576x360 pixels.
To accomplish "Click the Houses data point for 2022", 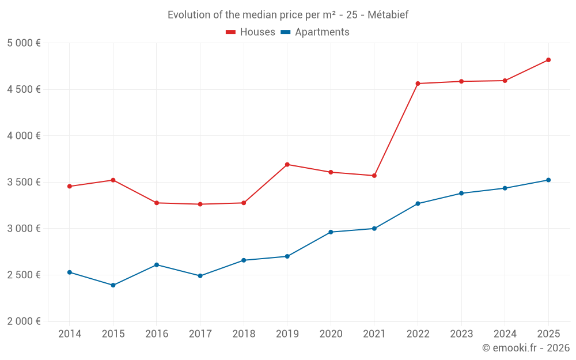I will pyautogui.click(x=418, y=84).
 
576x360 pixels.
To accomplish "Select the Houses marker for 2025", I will pyautogui.click(x=548, y=60).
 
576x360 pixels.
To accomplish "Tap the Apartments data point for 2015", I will pyautogui.click(x=113, y=285).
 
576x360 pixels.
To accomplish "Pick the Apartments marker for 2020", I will pyautogui.click(x=331, y=232).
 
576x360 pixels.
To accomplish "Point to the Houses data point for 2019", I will pyautogui.click(x=287, y=165).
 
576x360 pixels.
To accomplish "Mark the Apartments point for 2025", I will pyautogui.click(x=548, y=180).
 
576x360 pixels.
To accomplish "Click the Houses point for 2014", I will pyautogui.click(x=69, y=186).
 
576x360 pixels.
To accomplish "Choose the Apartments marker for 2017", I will pyautogui.click(x=200, y=276).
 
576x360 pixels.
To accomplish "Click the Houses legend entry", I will pyautogui.click(x=251, y=32).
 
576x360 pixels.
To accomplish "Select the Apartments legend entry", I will pyautogui.click(x=315, y=32).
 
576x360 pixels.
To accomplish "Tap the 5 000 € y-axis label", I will pyautogui.click(x=24, y=43).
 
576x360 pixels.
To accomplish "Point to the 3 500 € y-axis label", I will pyautogui.click(x=24, y=182).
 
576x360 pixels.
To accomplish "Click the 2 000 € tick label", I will pyautogui.click(x=24, y=321).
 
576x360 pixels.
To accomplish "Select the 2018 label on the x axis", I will pyautogui.click(x=244, y=334).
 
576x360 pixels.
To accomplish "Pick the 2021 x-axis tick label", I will pyautogui.click(x=374, y=334).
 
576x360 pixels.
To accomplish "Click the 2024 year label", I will pyautogui.click(x=505, y=334).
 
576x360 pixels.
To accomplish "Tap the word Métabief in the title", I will pyautogui.click(x=388, y=15).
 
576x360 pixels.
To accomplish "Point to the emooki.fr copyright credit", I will pyautogui.click(x=525, y=348).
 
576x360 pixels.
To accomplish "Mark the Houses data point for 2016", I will pyautogui.click(x=157, y=203).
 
